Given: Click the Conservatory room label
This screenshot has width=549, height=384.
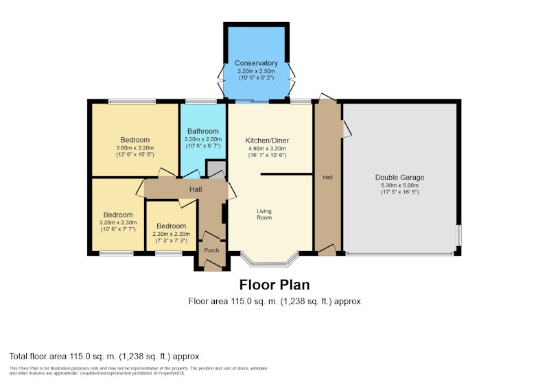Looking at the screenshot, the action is coord(256,63).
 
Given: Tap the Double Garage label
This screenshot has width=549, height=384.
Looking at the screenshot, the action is coord(399,178).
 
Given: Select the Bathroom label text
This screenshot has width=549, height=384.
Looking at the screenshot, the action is coord(202,131).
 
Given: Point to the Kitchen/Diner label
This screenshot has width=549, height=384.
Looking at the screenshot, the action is coord(267,141).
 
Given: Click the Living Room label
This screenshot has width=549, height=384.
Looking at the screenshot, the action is coord(264,214).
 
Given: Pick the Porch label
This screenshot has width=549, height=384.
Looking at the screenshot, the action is coord(211,250).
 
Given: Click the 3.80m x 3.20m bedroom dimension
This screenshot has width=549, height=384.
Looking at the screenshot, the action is coord(135,148).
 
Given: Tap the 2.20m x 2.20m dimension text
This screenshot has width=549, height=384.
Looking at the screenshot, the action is coord(171,234).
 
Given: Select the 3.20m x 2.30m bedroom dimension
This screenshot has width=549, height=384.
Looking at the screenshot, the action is coord(118,223).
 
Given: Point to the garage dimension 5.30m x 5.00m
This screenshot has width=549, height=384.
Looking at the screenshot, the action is coord(399,185).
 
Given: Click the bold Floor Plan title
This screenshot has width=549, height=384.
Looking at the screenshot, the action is coord(274,285).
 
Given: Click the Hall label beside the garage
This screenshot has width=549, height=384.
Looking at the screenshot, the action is coord(328,178).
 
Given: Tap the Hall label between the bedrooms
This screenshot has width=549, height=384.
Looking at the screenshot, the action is coord(196,189).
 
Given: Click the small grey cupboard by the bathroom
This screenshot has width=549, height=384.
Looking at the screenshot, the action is coord(215,169).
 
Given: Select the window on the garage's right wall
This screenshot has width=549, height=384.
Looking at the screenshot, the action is coord(458,236).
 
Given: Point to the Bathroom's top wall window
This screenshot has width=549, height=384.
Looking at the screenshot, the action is coord(201,101).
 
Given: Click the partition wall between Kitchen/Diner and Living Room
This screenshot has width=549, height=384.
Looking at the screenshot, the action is coord(286,173).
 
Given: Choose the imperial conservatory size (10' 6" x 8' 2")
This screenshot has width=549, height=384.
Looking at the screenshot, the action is coord(256,77).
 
